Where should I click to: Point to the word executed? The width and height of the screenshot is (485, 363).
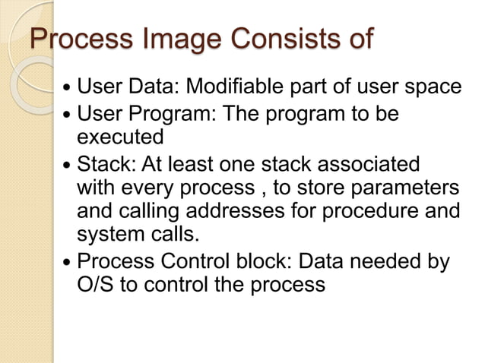coord(121,137)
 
